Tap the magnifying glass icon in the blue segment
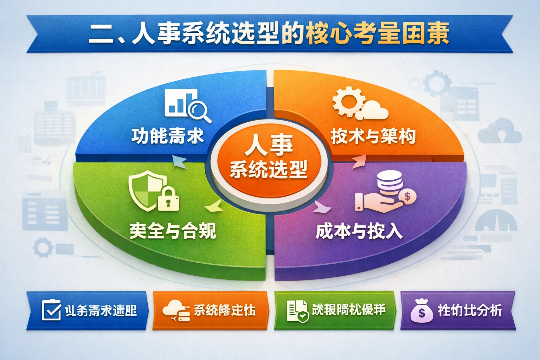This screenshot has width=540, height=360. [198, 110]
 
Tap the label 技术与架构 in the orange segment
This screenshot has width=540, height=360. [373, 136]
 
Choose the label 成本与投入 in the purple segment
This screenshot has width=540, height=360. [359, 231]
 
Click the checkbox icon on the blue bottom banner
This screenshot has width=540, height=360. [51, 310]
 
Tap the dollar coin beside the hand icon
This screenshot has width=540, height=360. [407, 196]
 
